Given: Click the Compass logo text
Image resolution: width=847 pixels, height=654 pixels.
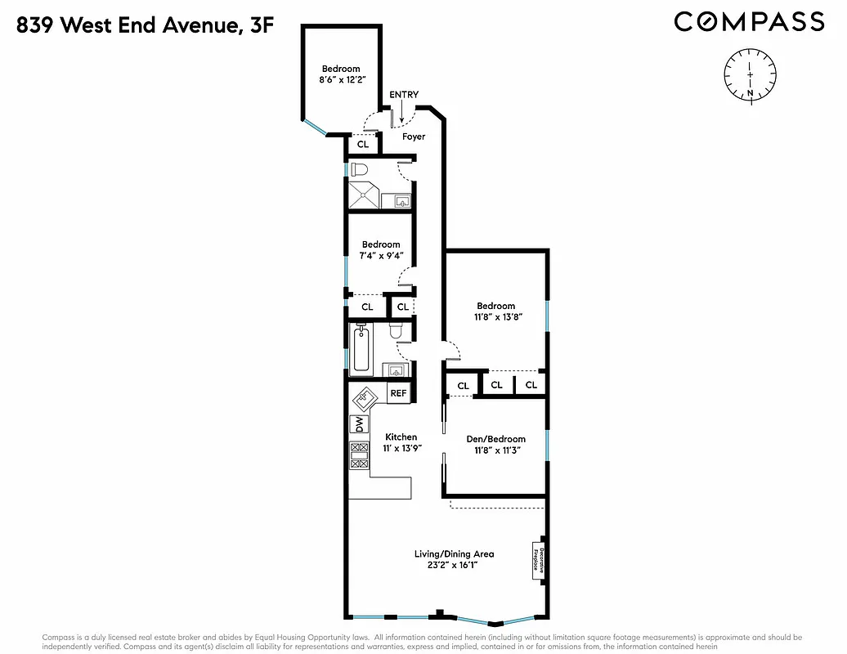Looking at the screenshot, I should pos(749,21).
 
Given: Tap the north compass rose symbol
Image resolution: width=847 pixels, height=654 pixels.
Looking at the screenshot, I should pos(750,74).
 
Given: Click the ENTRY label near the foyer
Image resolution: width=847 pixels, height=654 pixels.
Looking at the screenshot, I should pos(404,95).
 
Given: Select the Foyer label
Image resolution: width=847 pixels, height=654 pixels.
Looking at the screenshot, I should pos(414,137).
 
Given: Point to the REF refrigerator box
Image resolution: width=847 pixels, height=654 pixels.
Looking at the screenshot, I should pos(398,393).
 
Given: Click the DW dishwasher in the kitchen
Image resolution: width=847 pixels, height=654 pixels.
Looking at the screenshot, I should pos(357,424).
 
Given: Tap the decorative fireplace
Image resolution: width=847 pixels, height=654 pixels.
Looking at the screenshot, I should pos(539,560).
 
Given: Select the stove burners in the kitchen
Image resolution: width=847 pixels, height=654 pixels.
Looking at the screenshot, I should pos(358,455).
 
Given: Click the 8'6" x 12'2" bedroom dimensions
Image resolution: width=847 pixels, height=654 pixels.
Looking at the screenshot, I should pos(340,81).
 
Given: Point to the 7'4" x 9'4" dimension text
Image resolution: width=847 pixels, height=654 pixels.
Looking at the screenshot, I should pos(381,256).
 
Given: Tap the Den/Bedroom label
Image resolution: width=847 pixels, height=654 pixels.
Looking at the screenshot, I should pos(495,439).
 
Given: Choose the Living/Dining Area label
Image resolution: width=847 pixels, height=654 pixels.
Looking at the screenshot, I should pos(453,553).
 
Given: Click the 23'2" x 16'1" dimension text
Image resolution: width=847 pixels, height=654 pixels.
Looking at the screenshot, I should pos(453,565).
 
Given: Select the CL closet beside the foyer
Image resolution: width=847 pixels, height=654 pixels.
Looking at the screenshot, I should pos(363,145).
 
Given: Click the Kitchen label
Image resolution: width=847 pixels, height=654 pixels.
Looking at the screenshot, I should pos(401,437).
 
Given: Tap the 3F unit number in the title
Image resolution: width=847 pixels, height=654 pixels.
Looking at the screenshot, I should pos(262,26).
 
